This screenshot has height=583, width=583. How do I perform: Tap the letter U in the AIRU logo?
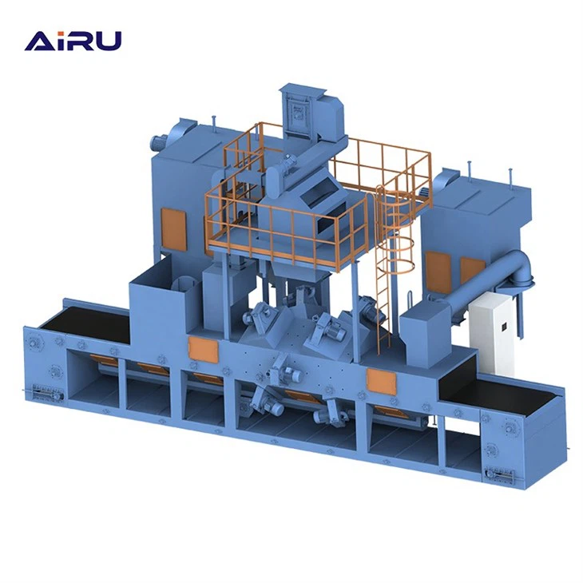(109, 40)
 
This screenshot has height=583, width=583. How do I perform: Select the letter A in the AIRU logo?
(38, 40)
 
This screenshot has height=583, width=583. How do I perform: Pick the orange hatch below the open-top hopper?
(200, 349)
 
